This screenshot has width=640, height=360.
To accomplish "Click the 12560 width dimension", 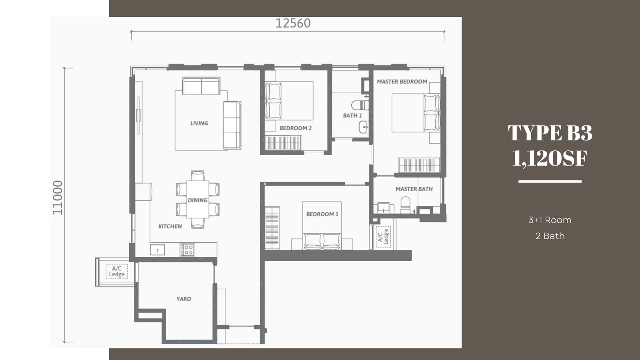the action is click(x=293, y=23).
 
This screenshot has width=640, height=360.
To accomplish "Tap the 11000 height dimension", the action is click(x=58, y=198).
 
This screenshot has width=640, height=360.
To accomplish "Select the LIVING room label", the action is click(x=199, y=123).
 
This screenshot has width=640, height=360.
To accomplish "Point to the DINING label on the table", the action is click(x=198, y=200).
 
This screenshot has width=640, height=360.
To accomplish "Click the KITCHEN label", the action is click(x=170, y=226).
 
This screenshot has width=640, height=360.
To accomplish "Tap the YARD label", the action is click(x=184, y=299).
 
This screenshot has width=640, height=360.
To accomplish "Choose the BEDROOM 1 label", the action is click(x=322, y=214).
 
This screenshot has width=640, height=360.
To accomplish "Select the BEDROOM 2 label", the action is click(x=296, y=128).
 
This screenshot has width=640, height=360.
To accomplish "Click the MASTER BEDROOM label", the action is click(x=402, y=82).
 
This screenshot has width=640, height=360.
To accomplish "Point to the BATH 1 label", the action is click(x=352, y=116).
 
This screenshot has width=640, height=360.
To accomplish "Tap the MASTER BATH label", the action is click(x=414, y=189).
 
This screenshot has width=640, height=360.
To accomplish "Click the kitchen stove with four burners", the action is click(x=188, y=250).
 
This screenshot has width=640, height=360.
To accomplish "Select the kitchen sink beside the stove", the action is click(x=158, y=250).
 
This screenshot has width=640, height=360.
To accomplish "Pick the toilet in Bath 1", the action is click(x=360, y=105).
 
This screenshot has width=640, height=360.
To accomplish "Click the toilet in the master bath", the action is click(x=405, y=205).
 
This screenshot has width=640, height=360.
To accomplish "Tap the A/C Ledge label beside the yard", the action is click(x=116, y=272).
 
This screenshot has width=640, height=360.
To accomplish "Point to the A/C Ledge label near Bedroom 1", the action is click(x=383, y=236).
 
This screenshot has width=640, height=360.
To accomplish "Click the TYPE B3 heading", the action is click(x=550, y=133).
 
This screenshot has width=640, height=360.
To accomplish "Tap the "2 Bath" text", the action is click(x=550, y=236).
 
